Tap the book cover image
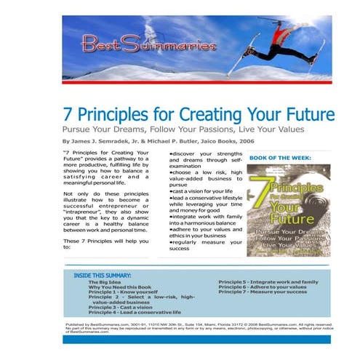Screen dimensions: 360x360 click(288, 208)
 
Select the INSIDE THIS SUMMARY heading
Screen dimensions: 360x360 click(103, 276)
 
